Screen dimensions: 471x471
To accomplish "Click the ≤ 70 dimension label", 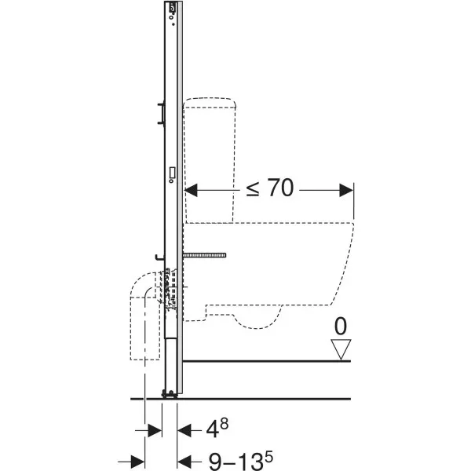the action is (269, 188).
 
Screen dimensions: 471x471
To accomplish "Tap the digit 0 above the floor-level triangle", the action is (341, 327).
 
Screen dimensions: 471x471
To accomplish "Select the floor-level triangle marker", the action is (341, 349).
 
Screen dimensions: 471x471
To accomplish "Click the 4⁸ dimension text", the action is (217, 428).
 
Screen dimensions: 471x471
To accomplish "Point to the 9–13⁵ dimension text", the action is (241, 460).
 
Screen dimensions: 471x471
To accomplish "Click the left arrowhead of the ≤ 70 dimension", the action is (191, 191).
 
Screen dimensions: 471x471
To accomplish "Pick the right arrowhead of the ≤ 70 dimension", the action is (346, 191).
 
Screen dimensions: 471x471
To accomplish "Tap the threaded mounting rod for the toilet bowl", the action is (205, 255).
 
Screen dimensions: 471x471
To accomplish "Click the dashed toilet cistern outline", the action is (210, 160).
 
